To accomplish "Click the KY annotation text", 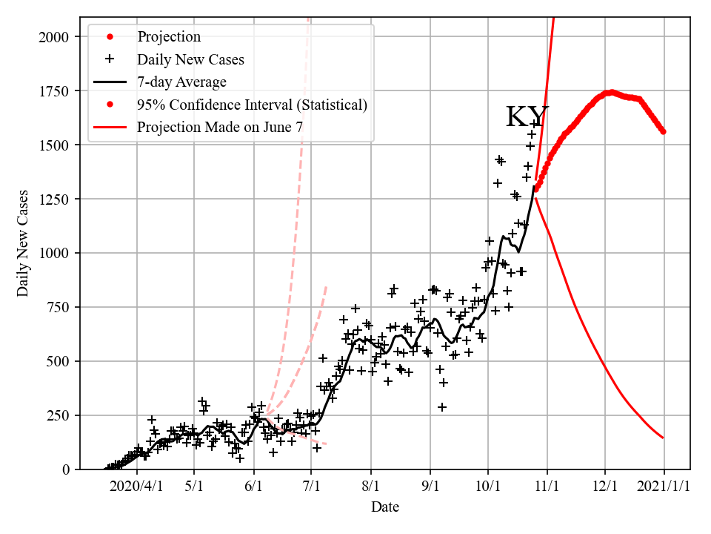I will [527, 117].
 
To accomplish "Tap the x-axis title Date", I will [385, 507].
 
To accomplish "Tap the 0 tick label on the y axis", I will [66, 469].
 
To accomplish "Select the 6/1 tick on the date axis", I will [254, 488].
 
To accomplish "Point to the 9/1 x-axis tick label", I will [430, 488].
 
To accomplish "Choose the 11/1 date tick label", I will [547, 488].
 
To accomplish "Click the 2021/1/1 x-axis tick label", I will [664, 488].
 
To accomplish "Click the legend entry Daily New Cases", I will [190, 59].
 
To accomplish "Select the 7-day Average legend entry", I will [181, 82].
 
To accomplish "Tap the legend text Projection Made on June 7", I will [219, 128].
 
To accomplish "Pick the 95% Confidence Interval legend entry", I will [252, 105].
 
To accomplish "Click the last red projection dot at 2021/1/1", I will [663, 131].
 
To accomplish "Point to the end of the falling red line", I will [663, 438].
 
